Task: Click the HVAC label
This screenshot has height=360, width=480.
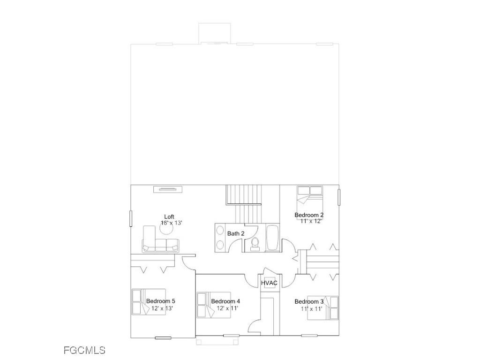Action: coord(269,283)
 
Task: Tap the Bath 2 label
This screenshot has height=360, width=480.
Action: coord(236,233)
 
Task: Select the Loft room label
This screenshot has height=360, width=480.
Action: coord(169,217)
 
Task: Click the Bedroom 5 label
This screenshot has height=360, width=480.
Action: coord(161,301)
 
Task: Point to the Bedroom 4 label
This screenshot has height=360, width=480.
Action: coord(225,301)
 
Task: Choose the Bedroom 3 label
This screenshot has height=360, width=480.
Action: coord(309,301)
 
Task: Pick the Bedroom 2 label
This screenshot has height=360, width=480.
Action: coord(309,215)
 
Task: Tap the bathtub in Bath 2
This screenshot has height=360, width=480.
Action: coord(272,239)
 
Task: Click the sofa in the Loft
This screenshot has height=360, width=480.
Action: coord(160,241)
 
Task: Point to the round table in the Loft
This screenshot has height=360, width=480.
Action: coord(168,231)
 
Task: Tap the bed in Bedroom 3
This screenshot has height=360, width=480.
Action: coord(322,308)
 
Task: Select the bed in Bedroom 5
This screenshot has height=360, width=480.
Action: coord(148,302)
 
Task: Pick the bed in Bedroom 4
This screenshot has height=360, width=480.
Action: coord(214,305)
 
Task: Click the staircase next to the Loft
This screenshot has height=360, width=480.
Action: coord(244,202)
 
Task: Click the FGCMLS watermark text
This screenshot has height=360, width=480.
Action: coord(84,350)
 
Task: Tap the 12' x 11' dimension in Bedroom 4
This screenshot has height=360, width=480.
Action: coord(228,308)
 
